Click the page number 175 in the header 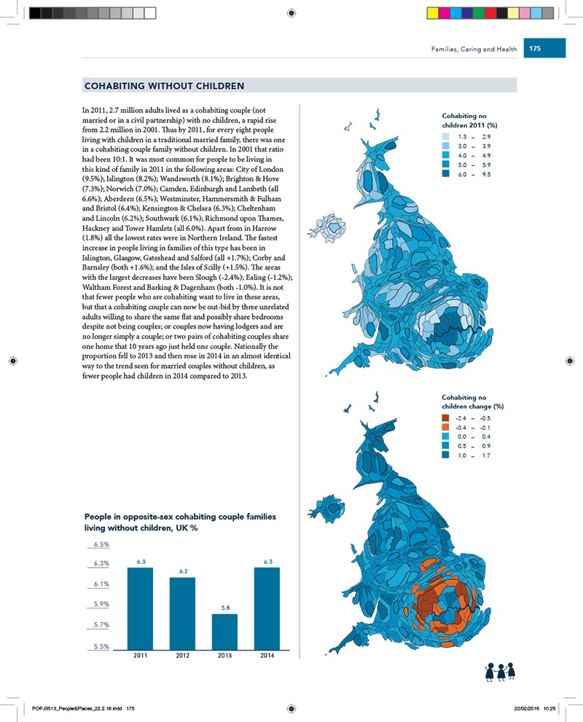[x=535, y=49]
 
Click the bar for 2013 [x=225, y=631]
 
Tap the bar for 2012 [x=183, y=613]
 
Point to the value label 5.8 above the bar [x=225, y=607]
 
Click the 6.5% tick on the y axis [x=100, y=544]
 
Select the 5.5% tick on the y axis [x=100, y=646]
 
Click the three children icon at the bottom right [x=501, y=674]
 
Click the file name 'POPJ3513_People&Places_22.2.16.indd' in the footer [x=80, y=707]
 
